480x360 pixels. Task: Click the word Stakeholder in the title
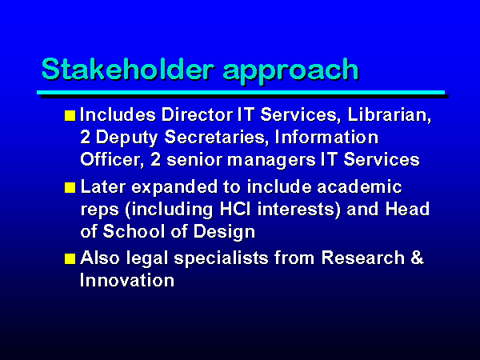point(127,69)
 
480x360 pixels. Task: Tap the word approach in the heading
point(290,72)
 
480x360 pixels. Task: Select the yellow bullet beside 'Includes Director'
point(70,116)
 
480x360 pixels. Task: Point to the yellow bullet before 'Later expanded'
point(70,188)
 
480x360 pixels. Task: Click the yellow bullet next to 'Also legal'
point(70,258)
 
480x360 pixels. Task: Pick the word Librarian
point(389,114)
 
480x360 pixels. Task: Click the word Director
point(197,114)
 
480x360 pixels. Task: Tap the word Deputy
point(126,138)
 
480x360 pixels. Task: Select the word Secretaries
point(214,138)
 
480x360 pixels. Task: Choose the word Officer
point(111,160)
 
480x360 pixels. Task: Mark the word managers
point(271,161)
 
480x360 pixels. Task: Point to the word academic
point(359,186)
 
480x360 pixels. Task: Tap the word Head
point(407,210)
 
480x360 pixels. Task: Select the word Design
point(224,232)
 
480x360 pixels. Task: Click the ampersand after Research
point(417,257)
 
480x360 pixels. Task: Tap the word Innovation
point(127,280)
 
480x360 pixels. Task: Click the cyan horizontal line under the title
point(241,93)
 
